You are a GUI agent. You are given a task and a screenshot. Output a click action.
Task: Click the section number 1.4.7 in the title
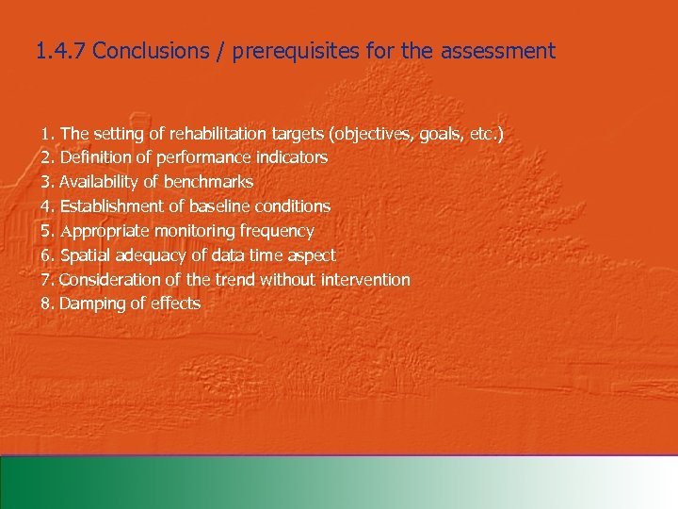coord(60,51)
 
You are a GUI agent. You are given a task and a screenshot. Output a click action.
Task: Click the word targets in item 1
coord(286,134)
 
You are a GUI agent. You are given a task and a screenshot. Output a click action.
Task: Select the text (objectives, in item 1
coord(364,134)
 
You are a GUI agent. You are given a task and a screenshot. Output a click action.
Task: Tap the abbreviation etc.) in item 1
coord(486,134)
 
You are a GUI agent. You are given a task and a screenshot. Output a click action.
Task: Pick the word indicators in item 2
coord(292,157)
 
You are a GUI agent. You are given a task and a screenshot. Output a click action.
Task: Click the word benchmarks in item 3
coord(208,182)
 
